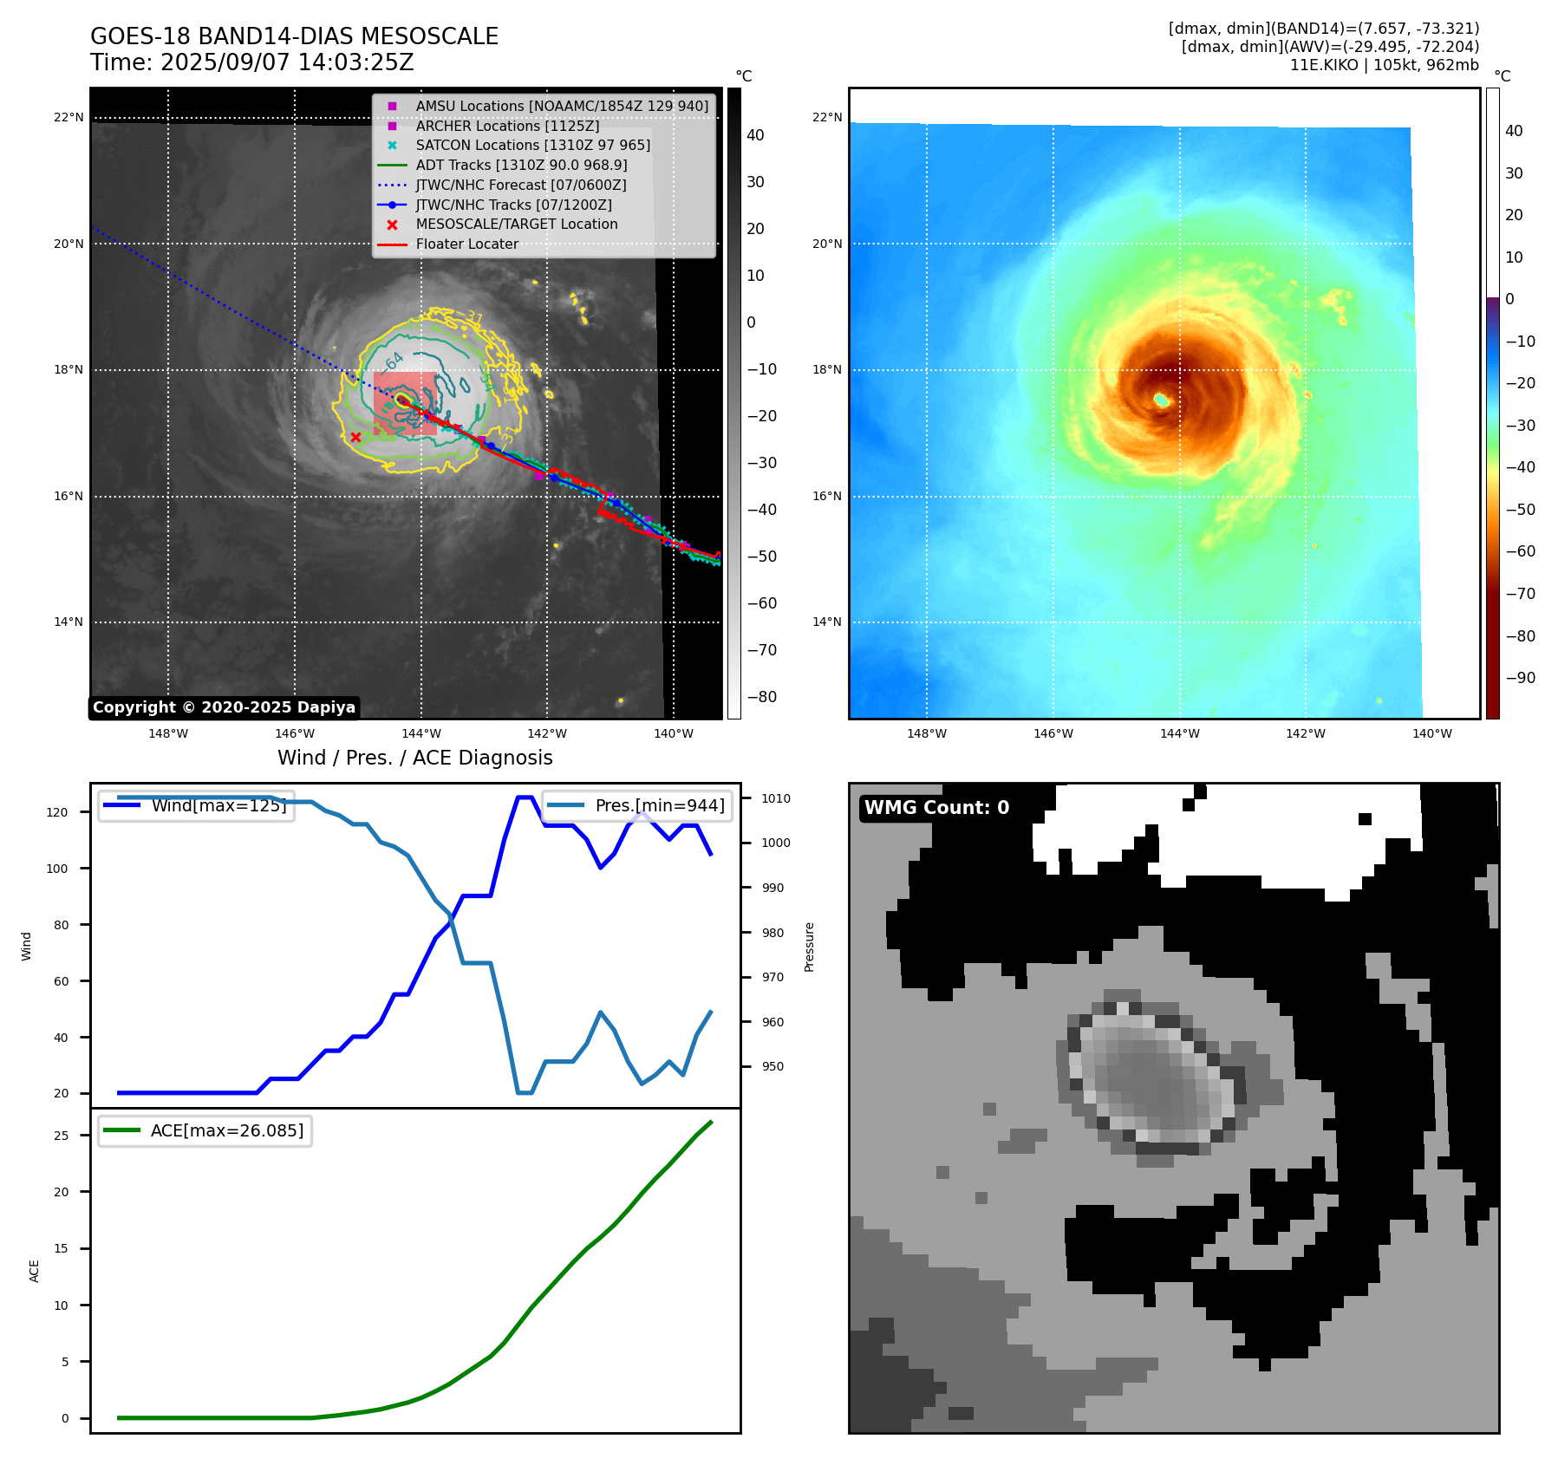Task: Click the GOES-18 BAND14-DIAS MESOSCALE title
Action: [294, 36]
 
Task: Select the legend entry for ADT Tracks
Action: [521, 165]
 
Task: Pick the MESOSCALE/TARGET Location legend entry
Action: [516, 224]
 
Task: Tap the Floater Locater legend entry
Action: [466, 244]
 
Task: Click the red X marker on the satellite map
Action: [355, 437]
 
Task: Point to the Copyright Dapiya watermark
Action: [224, 707]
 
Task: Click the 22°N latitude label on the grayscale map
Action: [69, 118]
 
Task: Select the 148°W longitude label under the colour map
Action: [927, 733]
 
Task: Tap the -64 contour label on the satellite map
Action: [394, 361]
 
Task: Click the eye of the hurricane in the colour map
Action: [1161, 400]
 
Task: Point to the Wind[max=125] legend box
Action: [196, 805]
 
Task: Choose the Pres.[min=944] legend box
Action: [637, 805]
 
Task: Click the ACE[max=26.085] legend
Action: [205, 1130]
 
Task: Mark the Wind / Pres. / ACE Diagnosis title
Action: [414, 758]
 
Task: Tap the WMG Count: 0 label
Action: [936, 807]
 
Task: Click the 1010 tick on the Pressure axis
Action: [776, 798]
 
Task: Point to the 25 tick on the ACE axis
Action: [61, 1136]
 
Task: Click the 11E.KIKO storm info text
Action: [1384, 65]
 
